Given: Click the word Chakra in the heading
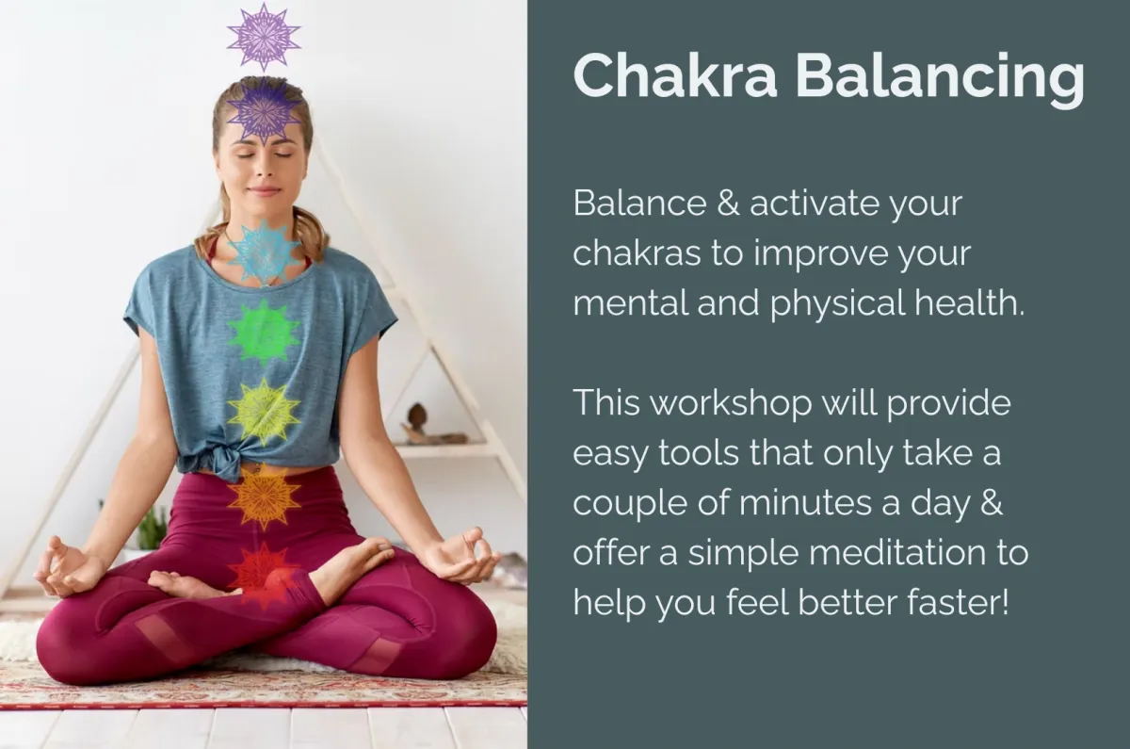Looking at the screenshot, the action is click(674, 75).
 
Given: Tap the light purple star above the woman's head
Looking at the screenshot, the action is click(264, 37).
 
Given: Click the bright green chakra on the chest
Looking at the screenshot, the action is click(264, 332).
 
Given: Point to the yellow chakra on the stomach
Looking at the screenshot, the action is click(264, 413).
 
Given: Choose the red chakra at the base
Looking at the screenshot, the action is click(264, 576).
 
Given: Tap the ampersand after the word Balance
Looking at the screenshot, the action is click(728, 203).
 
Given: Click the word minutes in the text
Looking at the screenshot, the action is click(806, 503).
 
